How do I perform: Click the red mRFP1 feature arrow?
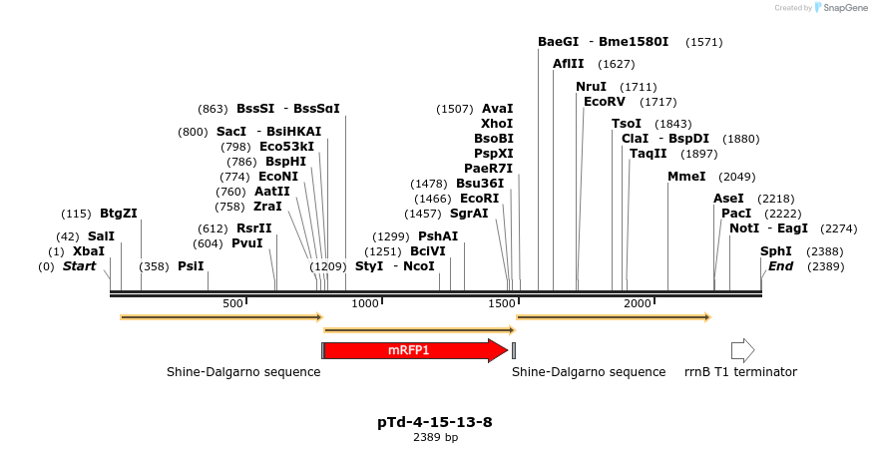tap(414, 350)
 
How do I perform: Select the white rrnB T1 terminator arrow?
tap(742, 350)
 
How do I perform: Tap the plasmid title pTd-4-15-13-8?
tap(435, 422)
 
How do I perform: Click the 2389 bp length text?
tap(435, 437)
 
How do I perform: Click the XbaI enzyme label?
tap(89, 251)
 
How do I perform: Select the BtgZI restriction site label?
tap(119, 214)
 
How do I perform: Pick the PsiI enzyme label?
tap(191, 266)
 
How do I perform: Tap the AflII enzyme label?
tap(569, 64)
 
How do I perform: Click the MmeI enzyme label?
tap(686, 177)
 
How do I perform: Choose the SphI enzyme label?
tap(776, 251)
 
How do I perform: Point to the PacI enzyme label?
tap(736, 214)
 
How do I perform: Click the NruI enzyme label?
tap(592, 87)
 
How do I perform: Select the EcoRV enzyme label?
tap(604, 102)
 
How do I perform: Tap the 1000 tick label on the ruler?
tap(366, 303)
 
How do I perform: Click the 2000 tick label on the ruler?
tap(638, 303)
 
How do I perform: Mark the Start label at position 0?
tap(80, 266)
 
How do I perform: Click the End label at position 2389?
tap(781, 266)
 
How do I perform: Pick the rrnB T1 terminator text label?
tap(740, 372)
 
